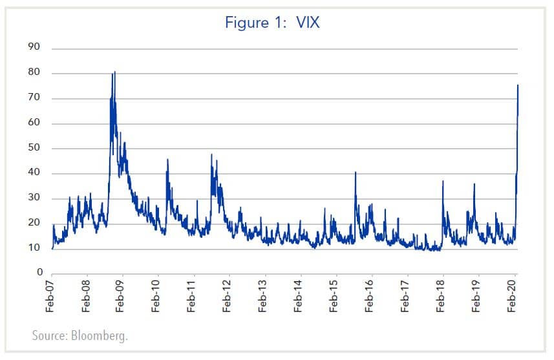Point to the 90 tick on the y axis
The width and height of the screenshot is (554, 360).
[34, 48]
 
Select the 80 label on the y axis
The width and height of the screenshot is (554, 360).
[34, 73]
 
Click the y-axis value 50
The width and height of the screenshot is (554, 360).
[34, 148]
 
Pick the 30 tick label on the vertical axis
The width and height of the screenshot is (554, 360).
[34, 198]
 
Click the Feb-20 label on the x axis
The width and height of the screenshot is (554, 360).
[512, 297]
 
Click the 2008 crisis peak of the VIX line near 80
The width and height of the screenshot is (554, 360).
[114, 72]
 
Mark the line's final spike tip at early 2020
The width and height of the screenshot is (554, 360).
[518, 85]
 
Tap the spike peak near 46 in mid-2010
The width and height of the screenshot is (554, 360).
[167, 159]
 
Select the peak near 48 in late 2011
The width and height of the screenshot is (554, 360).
[211, 154]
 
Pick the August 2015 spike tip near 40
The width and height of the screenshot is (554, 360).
[356, 172]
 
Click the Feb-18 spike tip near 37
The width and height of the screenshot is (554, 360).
[443, 181]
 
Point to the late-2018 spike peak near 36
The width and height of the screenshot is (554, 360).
[474, 184]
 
